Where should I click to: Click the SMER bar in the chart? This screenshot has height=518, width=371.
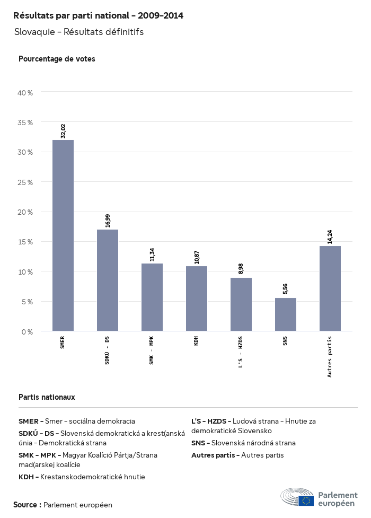tap(63, 235)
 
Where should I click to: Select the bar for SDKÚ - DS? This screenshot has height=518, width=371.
tap(108, 280)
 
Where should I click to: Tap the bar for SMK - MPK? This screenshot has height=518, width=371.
tap(152, 297)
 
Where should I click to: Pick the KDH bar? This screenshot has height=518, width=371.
tap(197, 298)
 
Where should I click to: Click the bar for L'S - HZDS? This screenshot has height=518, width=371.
tap(241, 304)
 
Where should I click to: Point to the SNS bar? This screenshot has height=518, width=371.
tap(286, 314)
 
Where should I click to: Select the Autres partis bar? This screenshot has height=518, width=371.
tap(330, 288)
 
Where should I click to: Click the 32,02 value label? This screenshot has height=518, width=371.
tap(63, 130)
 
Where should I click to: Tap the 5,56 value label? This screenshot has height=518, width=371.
tap(286, 289)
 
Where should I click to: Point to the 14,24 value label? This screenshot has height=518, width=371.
tap(330, 235)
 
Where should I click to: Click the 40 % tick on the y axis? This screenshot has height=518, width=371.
tap(25, 93)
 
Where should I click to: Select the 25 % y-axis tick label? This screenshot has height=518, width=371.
tap(25, 182)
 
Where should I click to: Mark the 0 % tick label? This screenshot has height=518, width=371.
tap(27, 332)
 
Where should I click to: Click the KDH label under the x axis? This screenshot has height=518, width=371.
tap(197, 340)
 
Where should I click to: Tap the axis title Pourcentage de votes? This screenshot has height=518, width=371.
tap(57, 59)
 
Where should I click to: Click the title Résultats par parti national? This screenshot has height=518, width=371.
tap(98, 16)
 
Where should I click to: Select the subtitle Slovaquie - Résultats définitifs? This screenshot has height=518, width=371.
tap(79, 32)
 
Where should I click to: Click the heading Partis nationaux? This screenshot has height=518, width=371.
tap(47, 397)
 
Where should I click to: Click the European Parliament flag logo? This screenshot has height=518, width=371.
tap(306, 500)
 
